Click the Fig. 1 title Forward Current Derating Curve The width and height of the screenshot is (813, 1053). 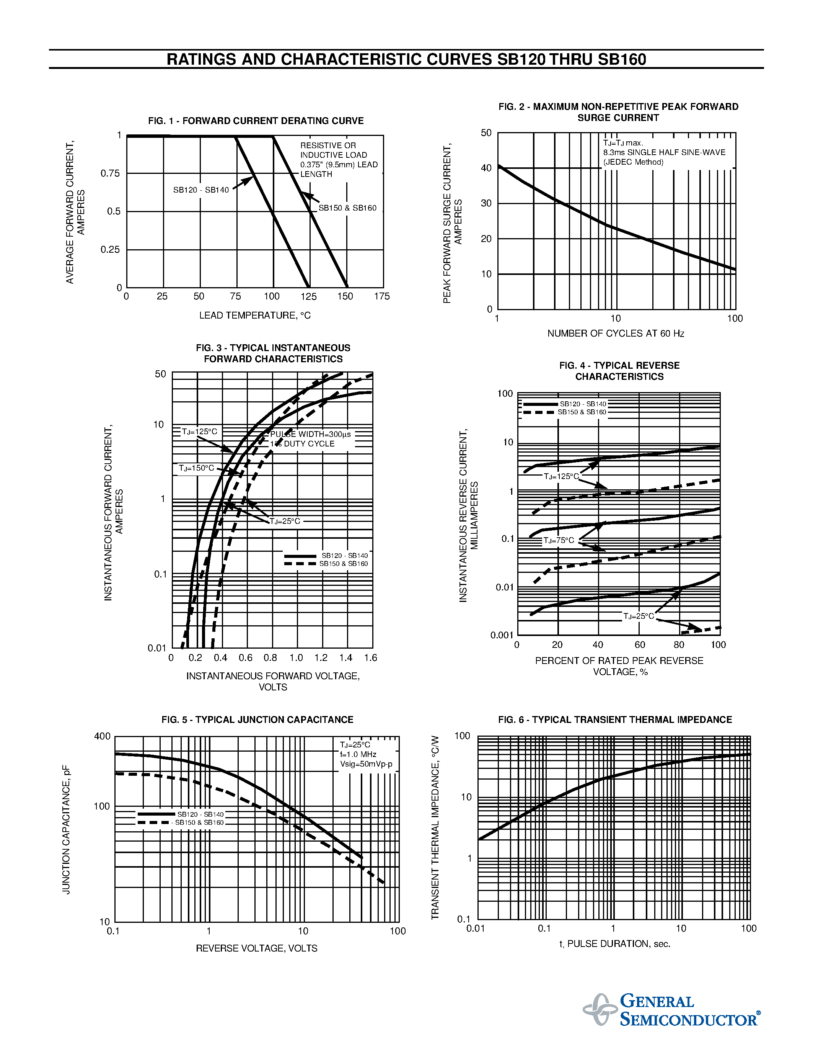(x=256, y=121)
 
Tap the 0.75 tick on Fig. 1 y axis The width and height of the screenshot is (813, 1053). (x=110, y=173)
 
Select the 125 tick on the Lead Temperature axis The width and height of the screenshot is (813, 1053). (x=308, y=296)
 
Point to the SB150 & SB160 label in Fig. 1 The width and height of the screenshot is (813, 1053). (x=347, y=208)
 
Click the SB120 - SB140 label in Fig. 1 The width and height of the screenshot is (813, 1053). (x=201, y=190)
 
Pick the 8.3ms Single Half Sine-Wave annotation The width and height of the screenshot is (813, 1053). (x=664, y=153)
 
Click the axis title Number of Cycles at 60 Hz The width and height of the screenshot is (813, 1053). (x=616, y=334)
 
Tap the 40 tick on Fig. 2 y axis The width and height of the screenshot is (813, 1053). (x=486, y=168)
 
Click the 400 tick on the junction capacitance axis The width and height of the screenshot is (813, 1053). (x=102, y=736)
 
